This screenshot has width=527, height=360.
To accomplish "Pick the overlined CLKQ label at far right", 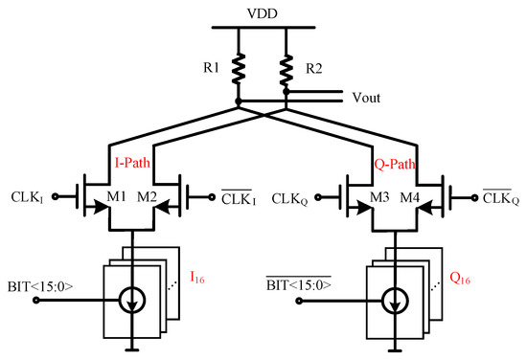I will click(495, 200).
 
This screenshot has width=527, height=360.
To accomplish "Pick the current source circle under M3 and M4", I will click(395, 299).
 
